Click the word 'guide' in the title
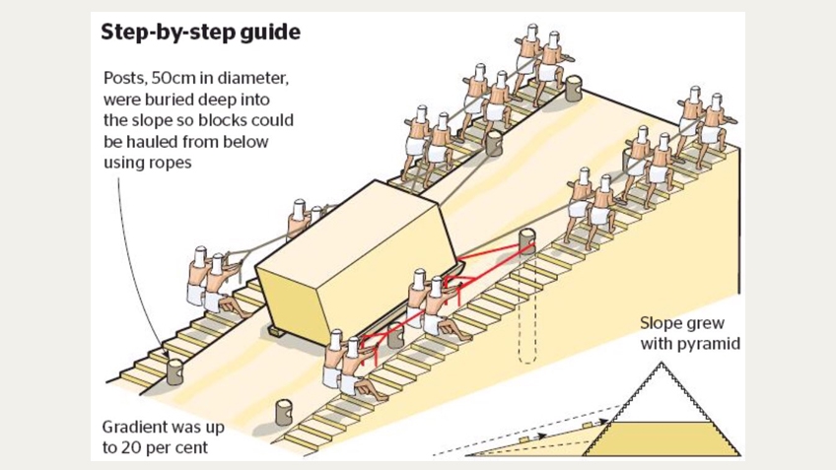[267, 32]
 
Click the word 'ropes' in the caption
[173, 162]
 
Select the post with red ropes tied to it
[529, 241]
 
